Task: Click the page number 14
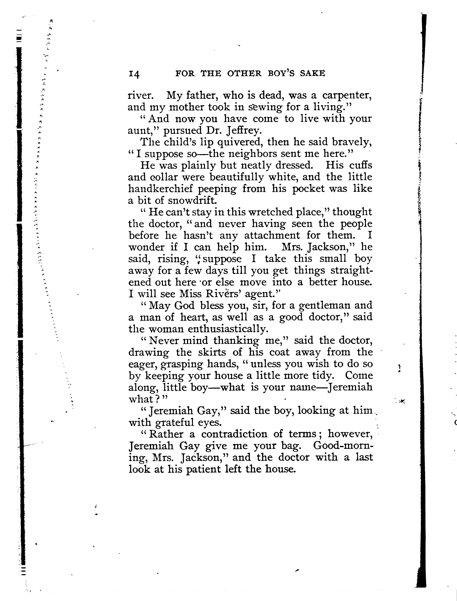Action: (x=134, y=74)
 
